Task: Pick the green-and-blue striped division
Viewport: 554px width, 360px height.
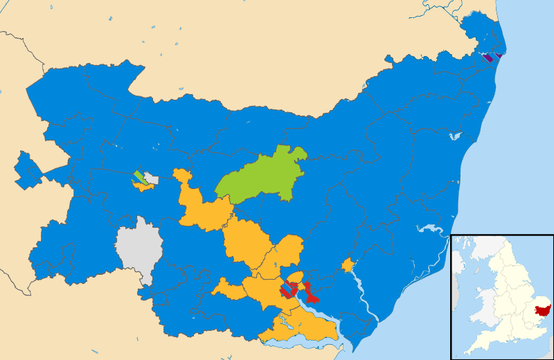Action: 138,175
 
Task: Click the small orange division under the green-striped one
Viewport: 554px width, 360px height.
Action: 143,186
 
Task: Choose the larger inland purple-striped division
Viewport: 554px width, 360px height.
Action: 488,58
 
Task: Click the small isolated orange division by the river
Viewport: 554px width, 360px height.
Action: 348,265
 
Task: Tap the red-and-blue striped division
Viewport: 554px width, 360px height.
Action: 288,291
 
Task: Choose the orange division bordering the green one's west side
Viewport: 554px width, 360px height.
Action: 201,208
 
